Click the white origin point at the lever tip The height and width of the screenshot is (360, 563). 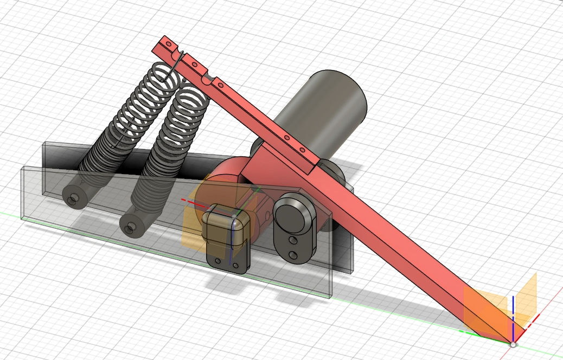click(513, 344)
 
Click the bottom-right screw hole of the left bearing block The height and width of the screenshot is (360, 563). click(236, 266)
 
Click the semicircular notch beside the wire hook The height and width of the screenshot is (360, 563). click(207, 79)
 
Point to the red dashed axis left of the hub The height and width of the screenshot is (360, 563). click(187, 201)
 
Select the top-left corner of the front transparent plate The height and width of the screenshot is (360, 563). click(22, 168)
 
